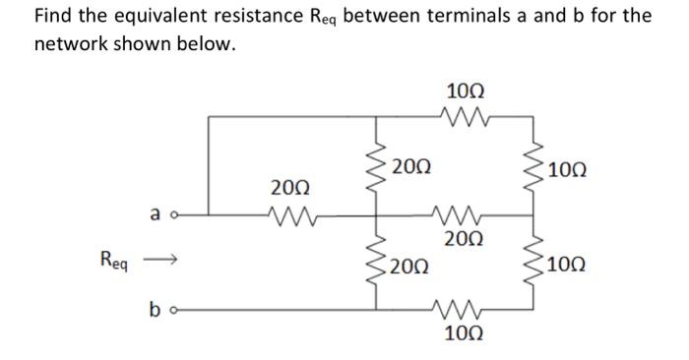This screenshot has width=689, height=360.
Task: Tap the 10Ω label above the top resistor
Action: click(x=462, y=91)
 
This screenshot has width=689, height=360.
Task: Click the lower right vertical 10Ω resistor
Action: click(x=532, y=263)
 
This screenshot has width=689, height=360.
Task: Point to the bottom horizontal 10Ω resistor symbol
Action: click(x=460, y=308)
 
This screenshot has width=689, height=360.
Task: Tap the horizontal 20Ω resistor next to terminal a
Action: click(x=287, y=214)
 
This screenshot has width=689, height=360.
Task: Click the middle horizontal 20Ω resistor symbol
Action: click(x=460, y=214)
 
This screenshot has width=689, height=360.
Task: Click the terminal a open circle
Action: click(x=172, y=214)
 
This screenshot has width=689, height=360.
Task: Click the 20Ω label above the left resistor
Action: click(x=288, y=186)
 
